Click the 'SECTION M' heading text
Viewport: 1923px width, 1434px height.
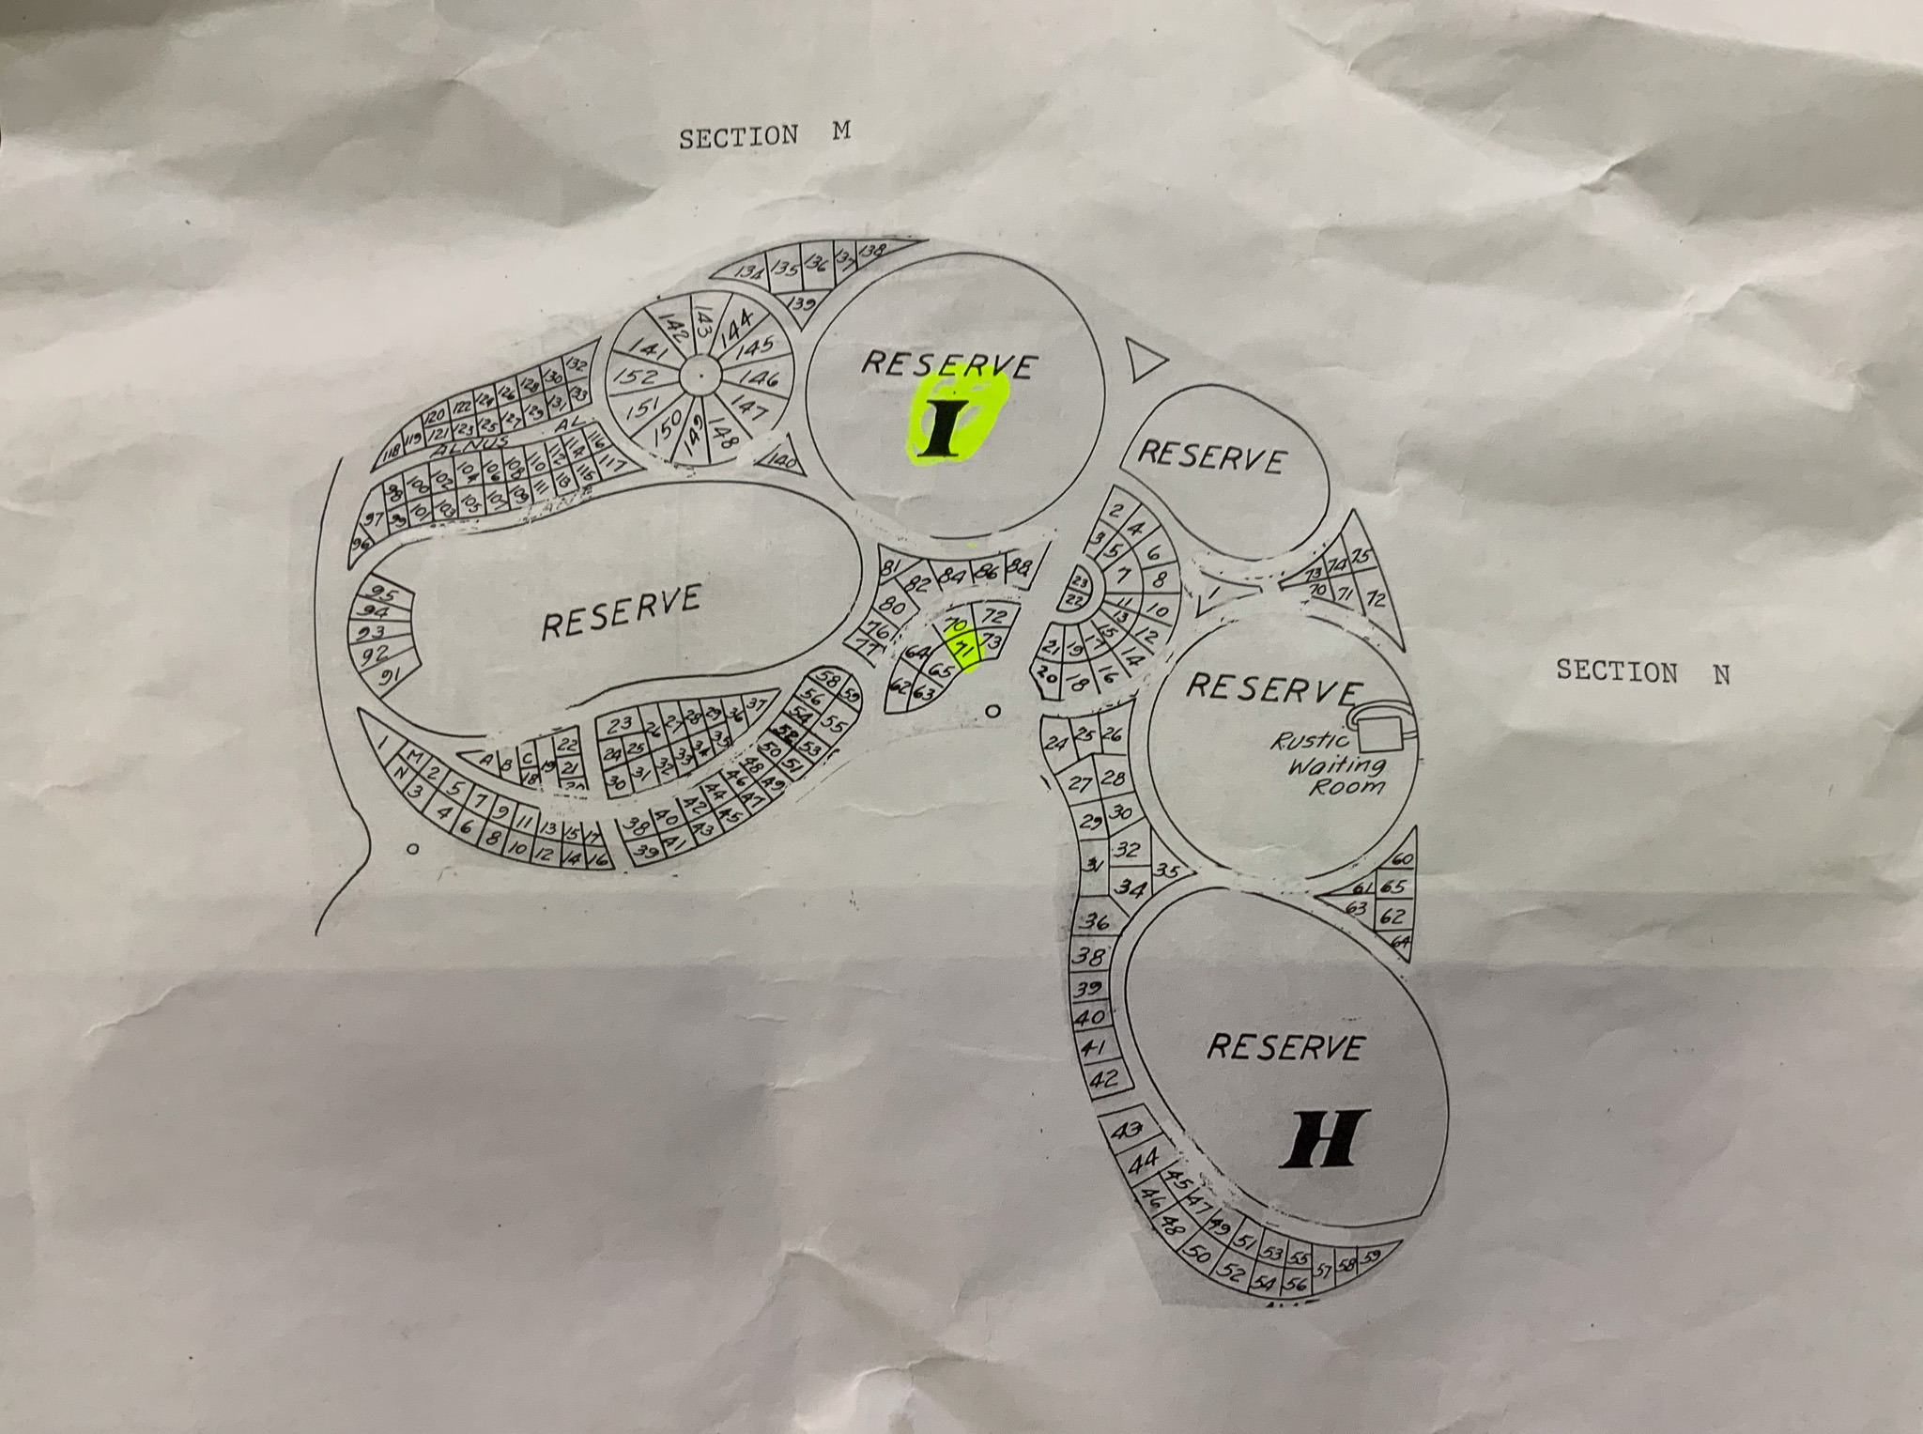point(764,134)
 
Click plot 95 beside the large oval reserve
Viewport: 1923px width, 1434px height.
point(382,594)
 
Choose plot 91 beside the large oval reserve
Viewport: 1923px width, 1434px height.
point(388,674)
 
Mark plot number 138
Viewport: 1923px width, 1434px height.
point(874,251)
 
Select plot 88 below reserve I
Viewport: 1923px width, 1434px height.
point(1020,566)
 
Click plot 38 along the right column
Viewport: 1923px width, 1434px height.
point(1089,958)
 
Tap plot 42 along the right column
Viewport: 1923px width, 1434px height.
point(1104,1078)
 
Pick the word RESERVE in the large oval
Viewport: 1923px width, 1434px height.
point(622,611)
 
